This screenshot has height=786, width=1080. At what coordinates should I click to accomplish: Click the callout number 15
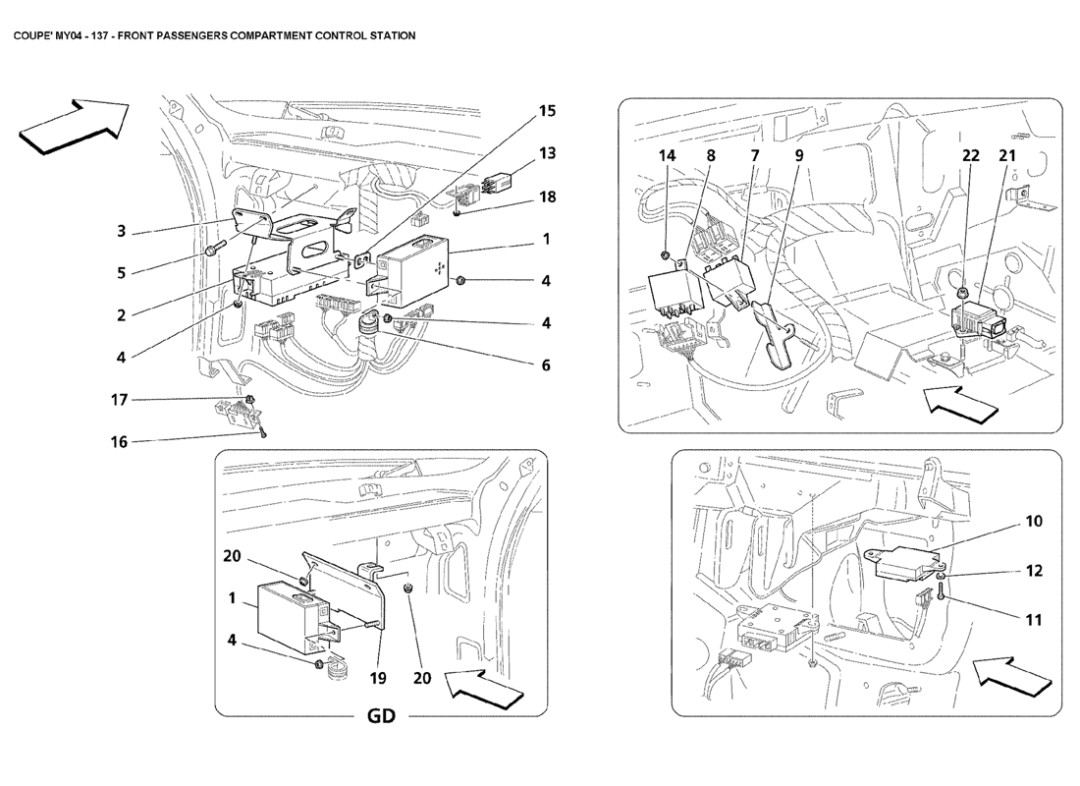pos(547,112)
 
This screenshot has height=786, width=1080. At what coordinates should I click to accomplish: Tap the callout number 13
pos(547,153)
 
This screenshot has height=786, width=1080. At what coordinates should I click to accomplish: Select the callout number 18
pos(547,196)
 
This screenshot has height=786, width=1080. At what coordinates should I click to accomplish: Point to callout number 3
pos(121,232)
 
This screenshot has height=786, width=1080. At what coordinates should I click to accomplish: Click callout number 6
pos(547,365)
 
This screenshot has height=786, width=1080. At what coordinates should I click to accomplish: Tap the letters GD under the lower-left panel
pos(381,715)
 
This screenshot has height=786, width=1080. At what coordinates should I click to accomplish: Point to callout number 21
pos(1007,155)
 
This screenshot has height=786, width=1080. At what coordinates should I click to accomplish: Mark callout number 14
pos(668,155)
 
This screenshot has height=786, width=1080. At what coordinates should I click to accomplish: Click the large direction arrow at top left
pos(75,125)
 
